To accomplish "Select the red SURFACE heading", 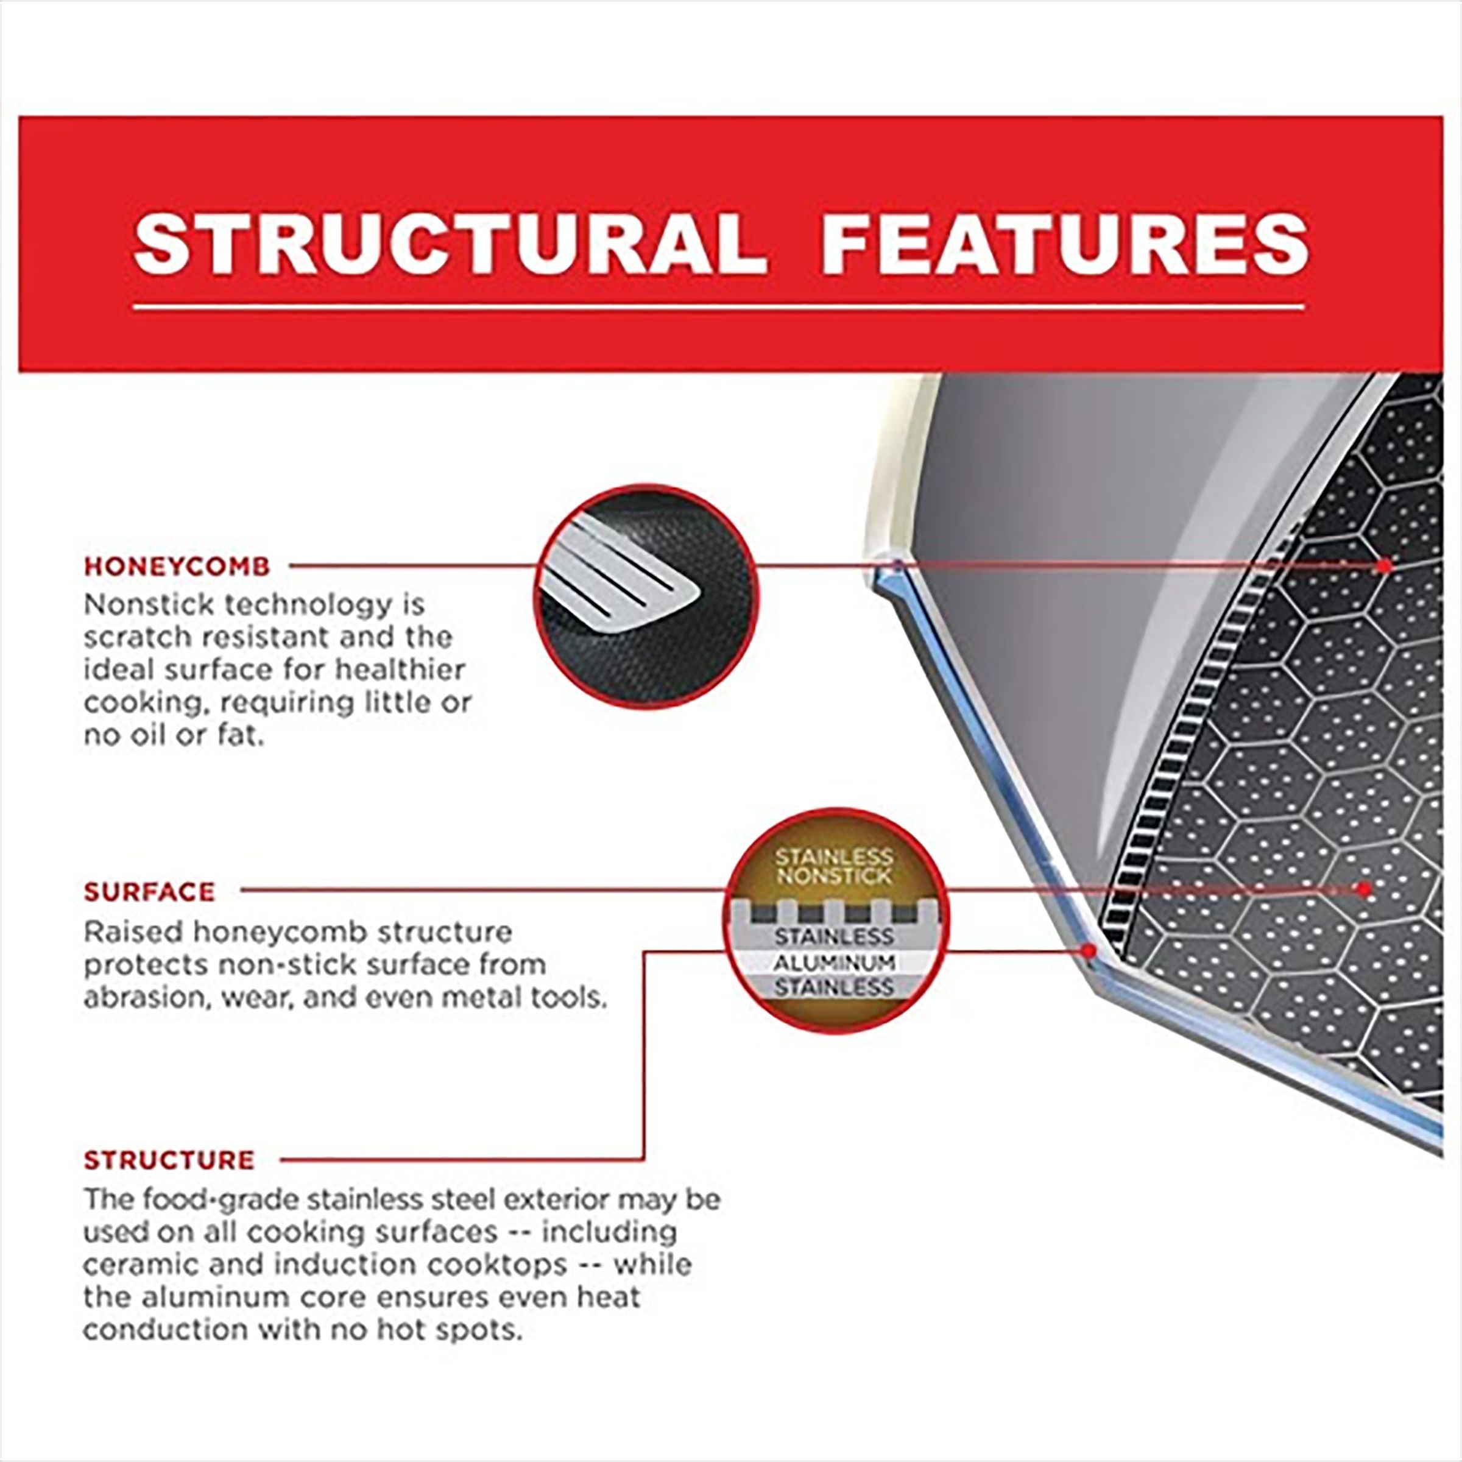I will (x=150, y=892).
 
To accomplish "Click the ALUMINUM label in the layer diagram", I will (x=834, y=963).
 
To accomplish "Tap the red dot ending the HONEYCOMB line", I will (x=1384, y=565).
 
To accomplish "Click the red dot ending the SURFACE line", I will (x=1364, y=890).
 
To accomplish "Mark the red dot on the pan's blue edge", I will (x=1090, y=950).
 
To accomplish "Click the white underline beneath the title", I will (x=719, y=307).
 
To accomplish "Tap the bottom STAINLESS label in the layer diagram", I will (x=834, y=987).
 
